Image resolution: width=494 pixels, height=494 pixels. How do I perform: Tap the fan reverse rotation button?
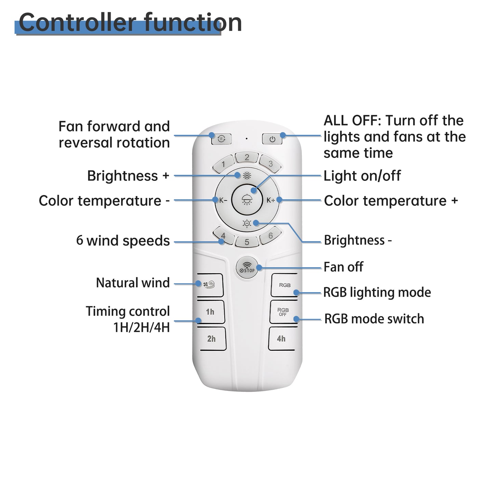pos(221,139)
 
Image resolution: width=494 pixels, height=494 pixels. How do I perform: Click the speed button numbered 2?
pos(247,157)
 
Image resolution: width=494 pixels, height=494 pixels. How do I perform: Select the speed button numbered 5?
pos(247,242)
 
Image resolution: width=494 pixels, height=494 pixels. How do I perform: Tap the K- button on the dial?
pos(223,200)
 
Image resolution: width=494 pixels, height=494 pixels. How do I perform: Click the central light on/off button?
pos(247,200)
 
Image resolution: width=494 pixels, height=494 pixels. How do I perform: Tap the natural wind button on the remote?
pos(209,284)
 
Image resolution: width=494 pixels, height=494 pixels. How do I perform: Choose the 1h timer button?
pos(210,312)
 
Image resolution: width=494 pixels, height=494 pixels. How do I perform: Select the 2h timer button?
pos(212,338)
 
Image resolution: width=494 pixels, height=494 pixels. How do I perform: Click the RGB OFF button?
pos(283,312)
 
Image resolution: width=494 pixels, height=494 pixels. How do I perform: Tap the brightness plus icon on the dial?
pos(247,176)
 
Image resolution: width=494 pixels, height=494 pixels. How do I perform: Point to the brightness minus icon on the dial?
pos(247,224)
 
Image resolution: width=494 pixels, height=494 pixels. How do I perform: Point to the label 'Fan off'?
pos(343,267)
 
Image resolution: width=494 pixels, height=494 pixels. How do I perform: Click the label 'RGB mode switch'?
pos(374,319)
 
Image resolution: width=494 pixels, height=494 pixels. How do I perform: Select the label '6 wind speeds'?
pos(123,241)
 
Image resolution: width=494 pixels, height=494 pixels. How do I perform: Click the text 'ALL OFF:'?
pos(352,121)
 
